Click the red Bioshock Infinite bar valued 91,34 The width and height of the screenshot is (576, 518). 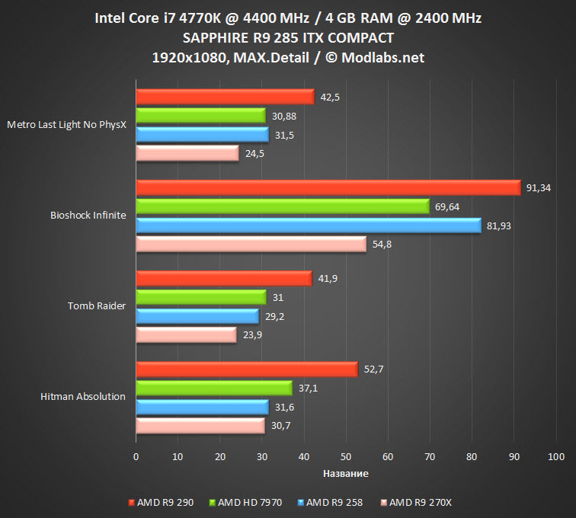pyautogui.click(x=328, y=187)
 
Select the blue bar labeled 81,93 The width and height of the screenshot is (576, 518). pyautogui.click(x=309, y=225)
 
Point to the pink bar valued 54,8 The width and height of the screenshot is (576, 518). pyautogui.click(x=251, y=244)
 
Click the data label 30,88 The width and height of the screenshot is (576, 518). pyautogui.click(x=283, y=116)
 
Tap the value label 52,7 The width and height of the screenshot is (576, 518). pyautogui.click(x=373, y=369)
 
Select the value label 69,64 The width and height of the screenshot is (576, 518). pyautogui.click(x=448, y=206)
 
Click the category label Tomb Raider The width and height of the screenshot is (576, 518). pyautogui.click(x=97, y=305)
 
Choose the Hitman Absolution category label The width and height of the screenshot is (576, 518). pyautogui.click(x=82, y=396)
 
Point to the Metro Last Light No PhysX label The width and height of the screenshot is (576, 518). pyautogui.click(x=66, y=124)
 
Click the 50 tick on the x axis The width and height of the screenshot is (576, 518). pyautogui.click(x=346, y=456)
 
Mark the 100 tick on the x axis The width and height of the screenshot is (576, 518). pyautogui.click(x=555, y=456)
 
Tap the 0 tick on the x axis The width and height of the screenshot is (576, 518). pyautogui.click(x=136, y=456)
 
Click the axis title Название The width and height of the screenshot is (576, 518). pyautogui.click(x=345, y=474)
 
